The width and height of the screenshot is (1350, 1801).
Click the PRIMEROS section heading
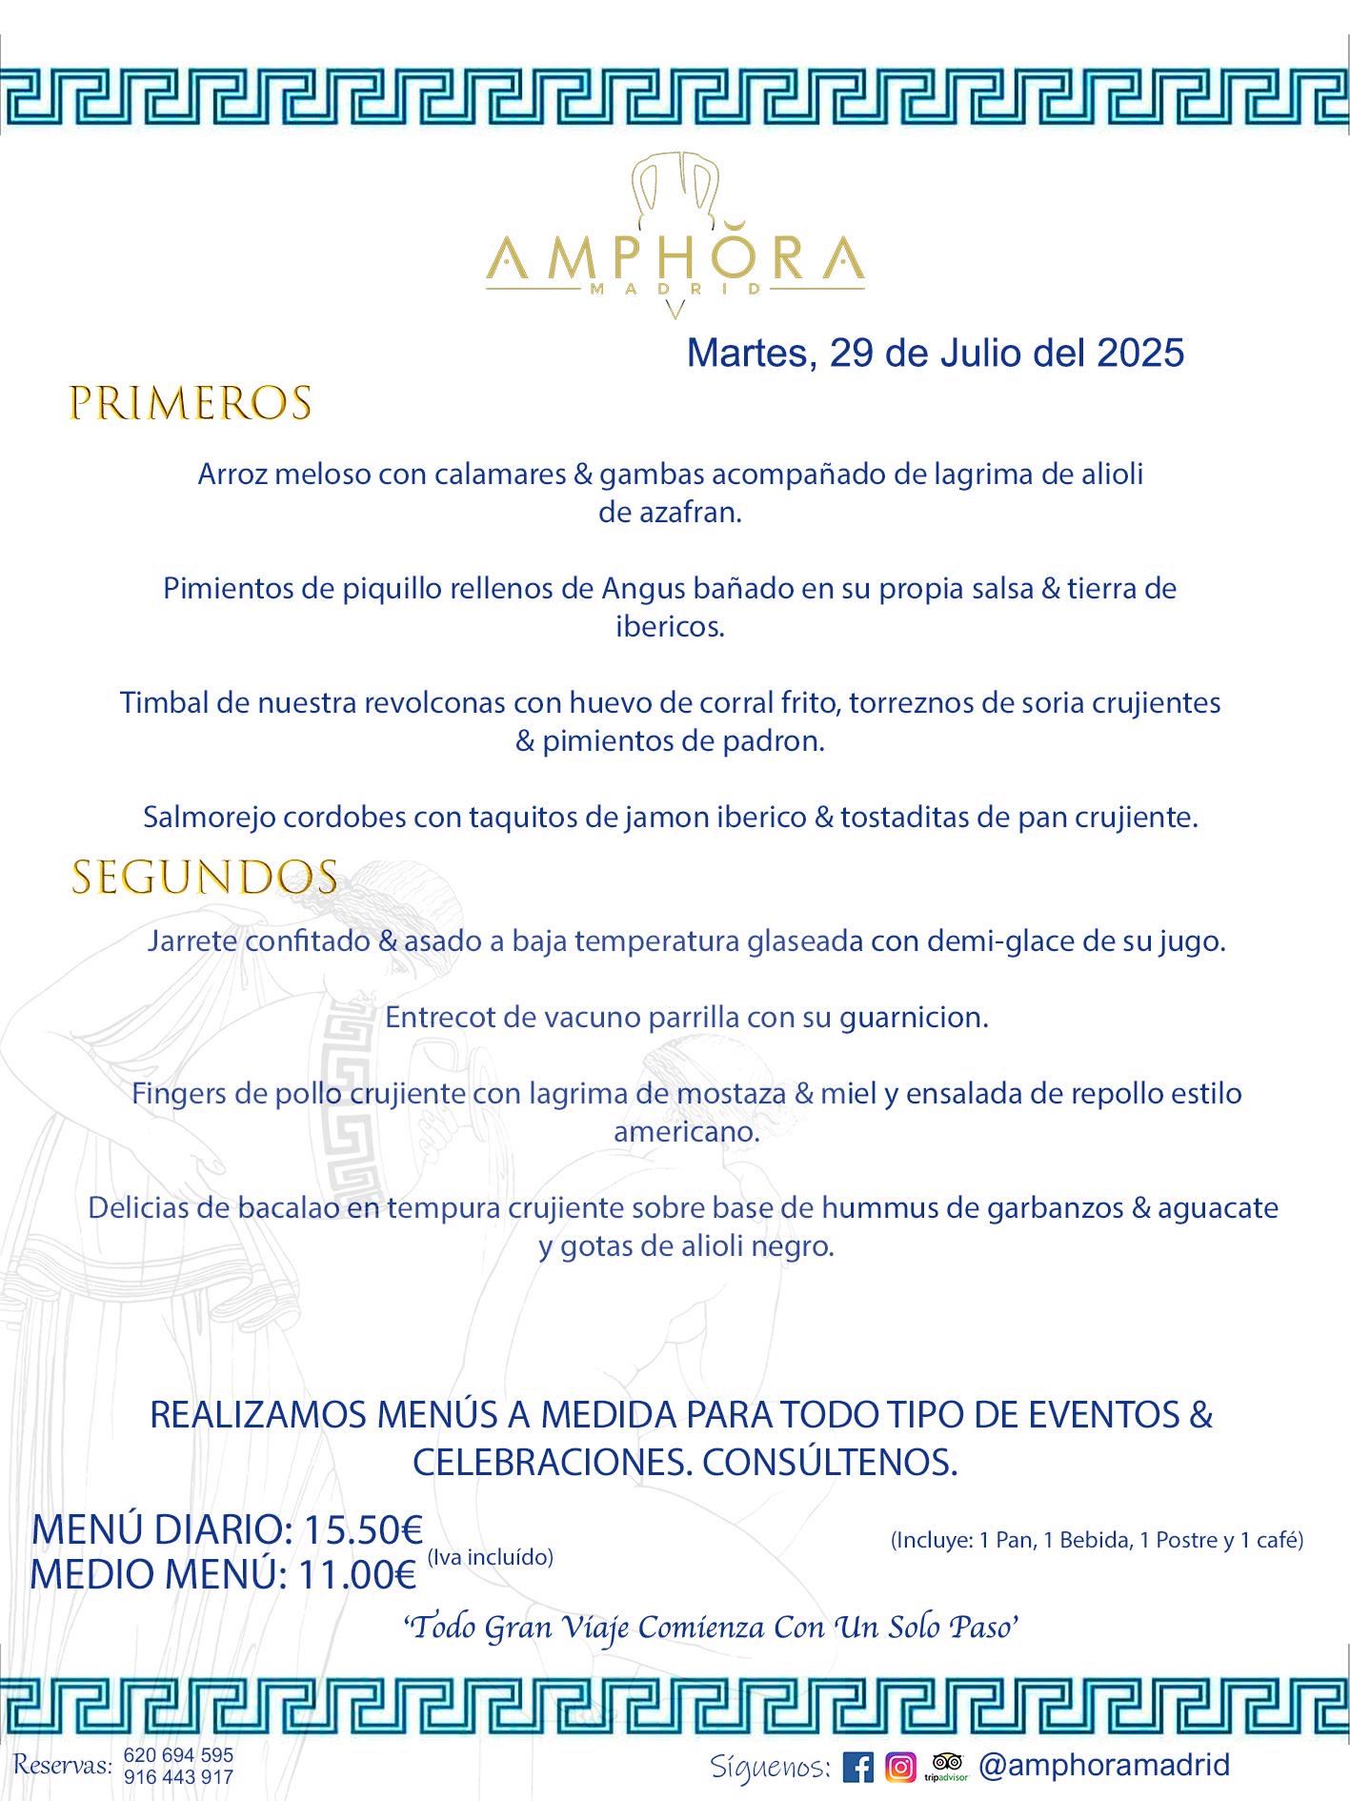(191, 403)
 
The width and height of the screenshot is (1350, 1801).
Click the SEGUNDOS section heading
(205, 878)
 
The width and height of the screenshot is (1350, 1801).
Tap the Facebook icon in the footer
(857, 1768)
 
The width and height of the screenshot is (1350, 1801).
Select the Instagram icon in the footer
(900, 1768)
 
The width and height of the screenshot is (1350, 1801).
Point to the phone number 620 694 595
(178, 1755)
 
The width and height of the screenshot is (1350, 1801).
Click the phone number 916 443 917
(178, 1777)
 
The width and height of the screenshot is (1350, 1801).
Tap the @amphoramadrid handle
(1104, 1765)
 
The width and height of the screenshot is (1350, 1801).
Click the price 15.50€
(363, 1530)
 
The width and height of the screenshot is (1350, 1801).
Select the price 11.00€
(357, 1575)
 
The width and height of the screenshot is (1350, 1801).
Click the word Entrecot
(439, 1017)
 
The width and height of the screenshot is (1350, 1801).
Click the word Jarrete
(192, 941)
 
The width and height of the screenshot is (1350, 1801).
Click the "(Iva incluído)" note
(490, 1557)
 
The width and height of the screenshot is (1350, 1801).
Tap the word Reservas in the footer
(62, 1766)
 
